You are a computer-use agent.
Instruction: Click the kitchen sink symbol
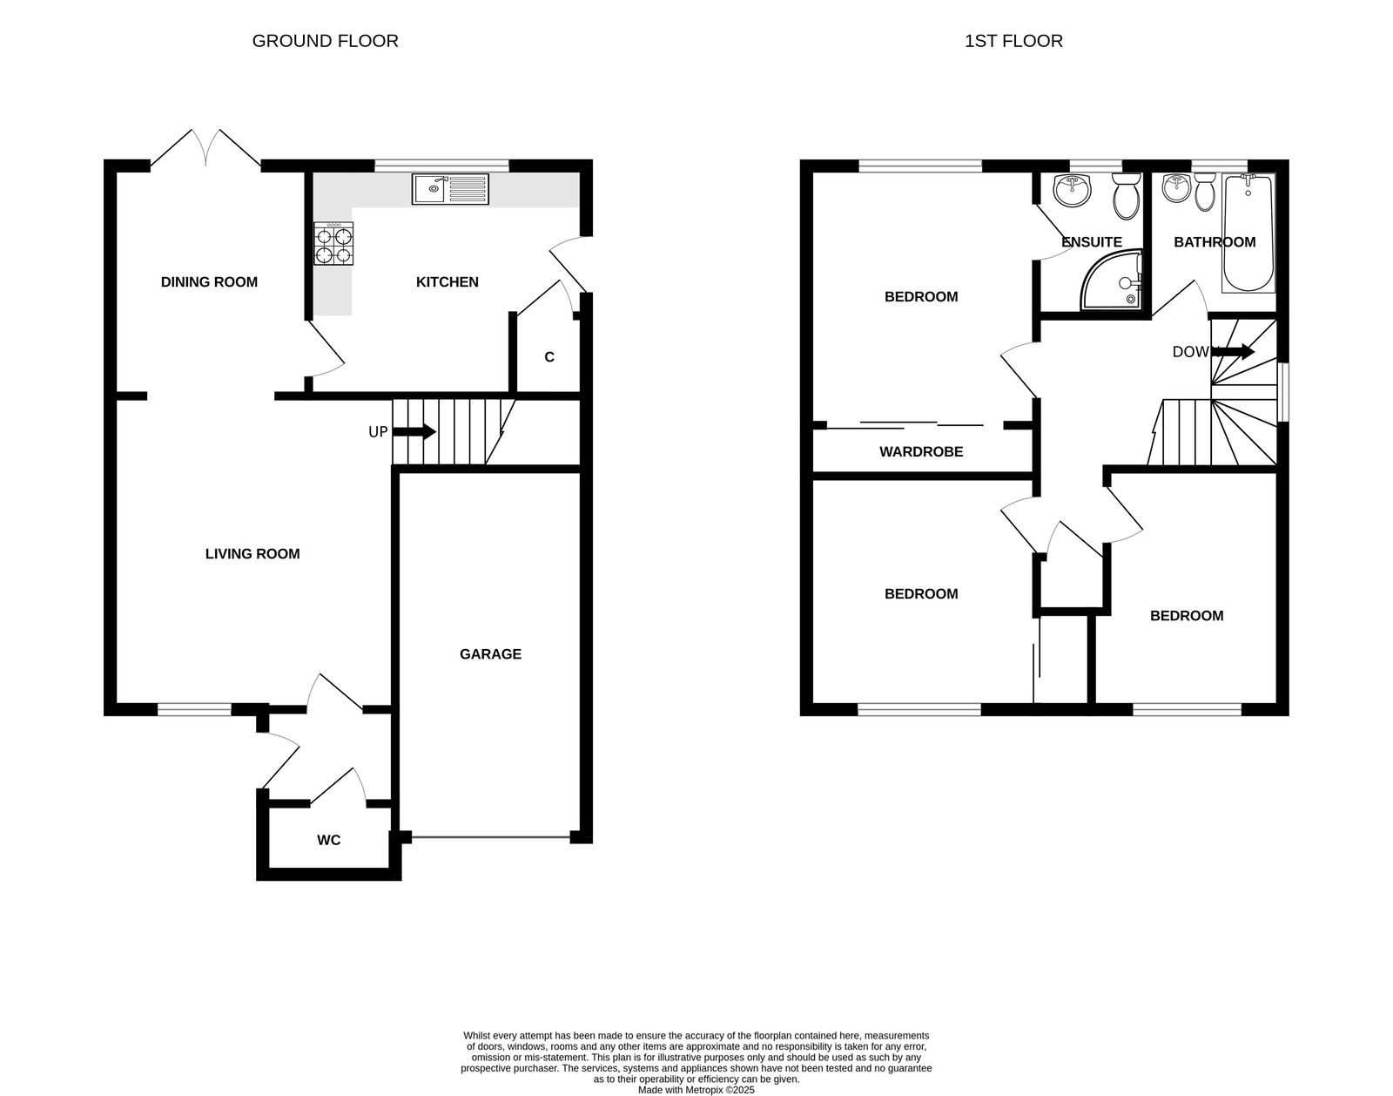click(451, 189)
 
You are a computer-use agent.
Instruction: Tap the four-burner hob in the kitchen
click(334, 244)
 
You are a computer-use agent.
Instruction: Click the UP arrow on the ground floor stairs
click(414, 431)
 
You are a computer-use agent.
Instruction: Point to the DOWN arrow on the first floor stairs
click(1235, 352)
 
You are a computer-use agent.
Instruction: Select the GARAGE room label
click(490, 654)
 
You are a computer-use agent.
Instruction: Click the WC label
click(328, 840)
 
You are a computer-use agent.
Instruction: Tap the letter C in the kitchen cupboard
click(549, 357)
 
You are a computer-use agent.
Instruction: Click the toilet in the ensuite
click(1127, 197)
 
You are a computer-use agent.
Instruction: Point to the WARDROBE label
click(921, 452)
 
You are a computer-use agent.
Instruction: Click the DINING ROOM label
click(209, 281)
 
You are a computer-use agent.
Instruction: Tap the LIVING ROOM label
click(252, 554)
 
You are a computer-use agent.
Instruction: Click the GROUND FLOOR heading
click(325, 41)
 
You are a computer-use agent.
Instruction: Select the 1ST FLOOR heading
click(1013, 41)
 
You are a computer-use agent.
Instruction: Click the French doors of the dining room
click(205, 150)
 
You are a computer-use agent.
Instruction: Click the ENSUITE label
click(1092, 242)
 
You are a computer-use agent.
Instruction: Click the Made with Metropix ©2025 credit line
click(696, 1089)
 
